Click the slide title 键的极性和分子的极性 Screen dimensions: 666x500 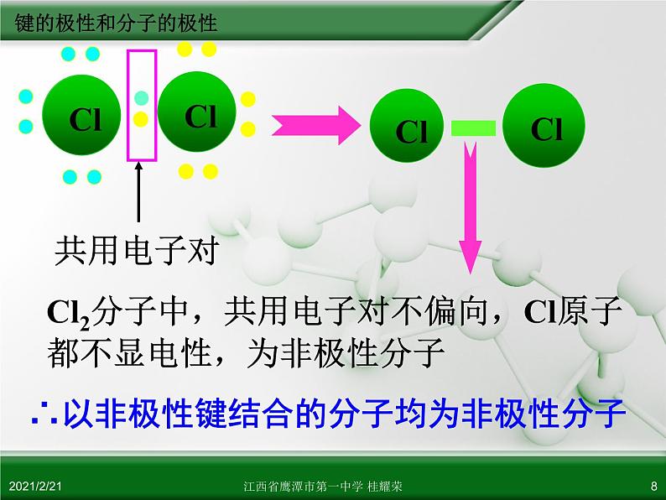[116, 23]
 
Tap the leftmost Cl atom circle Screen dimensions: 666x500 [81, 115]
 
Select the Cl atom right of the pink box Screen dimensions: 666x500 [197, 112]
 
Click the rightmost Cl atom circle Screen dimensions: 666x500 [544, 125]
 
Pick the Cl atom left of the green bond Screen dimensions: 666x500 [407, 125]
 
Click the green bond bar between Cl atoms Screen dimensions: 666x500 [473, 128]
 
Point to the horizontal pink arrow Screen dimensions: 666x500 [316, 125]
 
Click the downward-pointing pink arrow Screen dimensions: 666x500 [471, 208]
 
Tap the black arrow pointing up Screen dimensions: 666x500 [138, 192]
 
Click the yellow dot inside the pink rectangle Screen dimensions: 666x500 [141, 119]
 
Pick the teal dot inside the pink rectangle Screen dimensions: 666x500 [142, 98]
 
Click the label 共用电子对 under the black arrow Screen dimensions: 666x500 [137, 250]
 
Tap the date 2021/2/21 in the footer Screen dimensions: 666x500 [35, 486]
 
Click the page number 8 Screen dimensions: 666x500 [653, 486]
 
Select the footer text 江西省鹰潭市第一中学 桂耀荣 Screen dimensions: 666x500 [323, 486]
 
